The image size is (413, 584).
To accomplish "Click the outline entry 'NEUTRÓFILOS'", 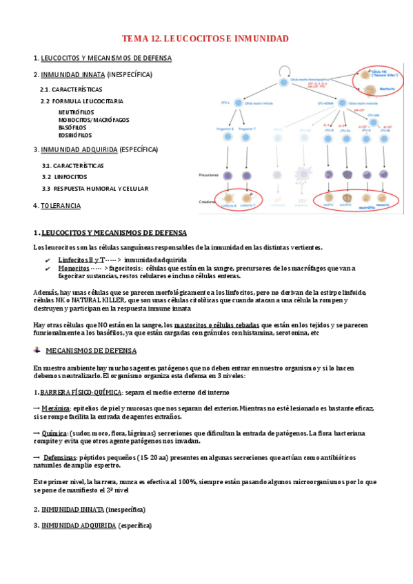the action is click(x=77, y=112).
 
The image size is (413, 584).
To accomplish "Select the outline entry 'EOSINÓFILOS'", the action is click(x=77, y=135).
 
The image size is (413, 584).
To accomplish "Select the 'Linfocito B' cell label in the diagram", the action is click(x=227, y=205).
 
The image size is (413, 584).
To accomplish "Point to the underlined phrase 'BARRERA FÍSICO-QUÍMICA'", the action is click(x=81, y=392).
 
